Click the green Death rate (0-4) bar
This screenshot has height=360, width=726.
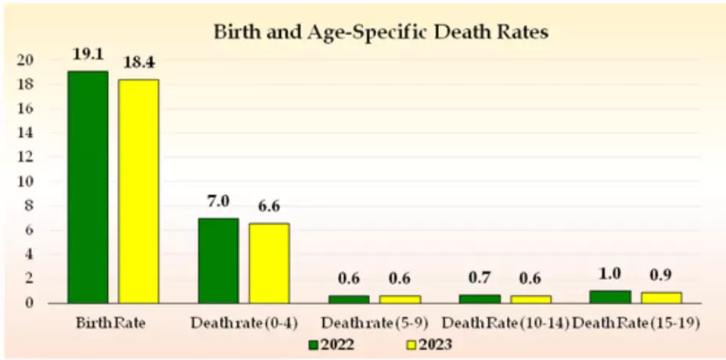coord(217,260)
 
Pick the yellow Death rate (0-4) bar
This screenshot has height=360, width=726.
coord(269,262)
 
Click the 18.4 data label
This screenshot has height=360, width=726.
coord(138,61)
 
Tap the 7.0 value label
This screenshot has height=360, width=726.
coord(217,202)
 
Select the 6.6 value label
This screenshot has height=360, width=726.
coord(269,207)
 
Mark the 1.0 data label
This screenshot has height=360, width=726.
coord(609,275)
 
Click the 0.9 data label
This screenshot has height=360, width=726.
coord(661,275)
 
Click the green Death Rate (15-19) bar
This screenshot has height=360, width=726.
coord(609,296)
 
